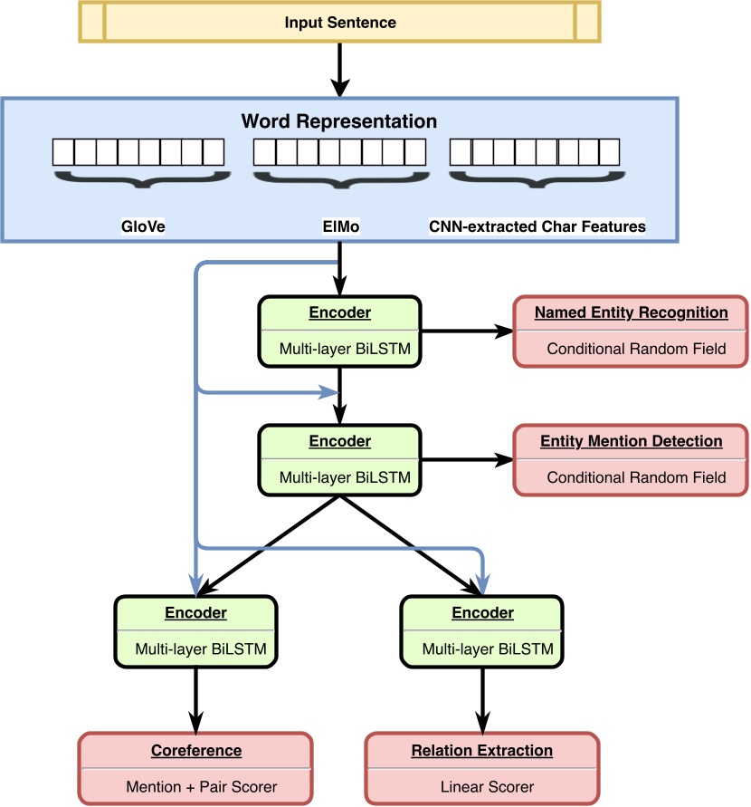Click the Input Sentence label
[340, 23]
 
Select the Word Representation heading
[339, 121]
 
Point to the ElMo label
[340, 226]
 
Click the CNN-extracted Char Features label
[537, 226]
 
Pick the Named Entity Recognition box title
[631, 312]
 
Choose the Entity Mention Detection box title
[631, 441]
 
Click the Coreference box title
[195, 751]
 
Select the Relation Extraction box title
[481, 751]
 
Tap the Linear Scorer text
[481, 786]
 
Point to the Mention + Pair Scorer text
[195, 786]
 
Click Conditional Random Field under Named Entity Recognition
[636, 349]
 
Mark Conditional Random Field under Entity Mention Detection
[636, 477]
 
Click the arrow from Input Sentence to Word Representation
[340, 71]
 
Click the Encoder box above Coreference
[195, 630]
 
